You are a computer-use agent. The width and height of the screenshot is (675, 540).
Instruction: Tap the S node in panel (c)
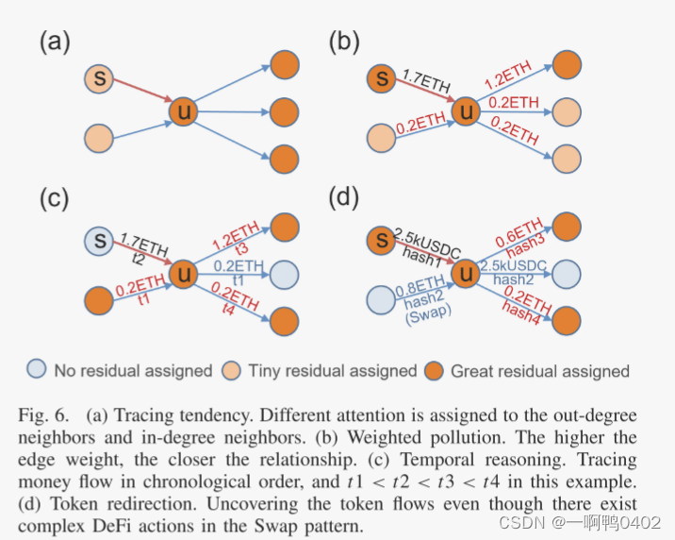[x=100, y=240]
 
